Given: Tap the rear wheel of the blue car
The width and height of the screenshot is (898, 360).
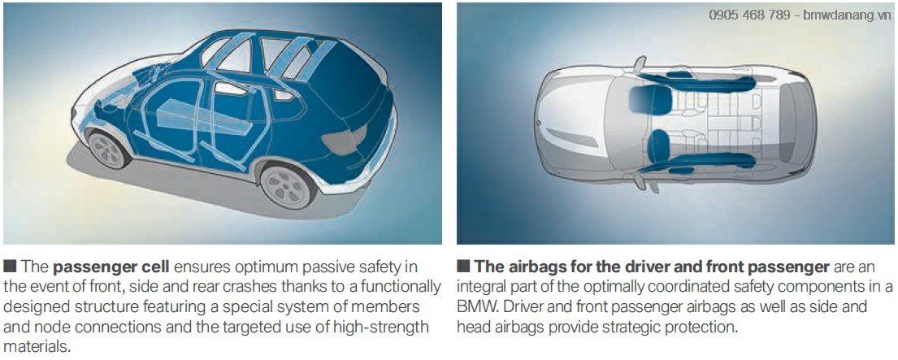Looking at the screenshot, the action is click(286, 186).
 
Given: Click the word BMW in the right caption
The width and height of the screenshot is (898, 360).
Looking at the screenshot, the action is click(472, 307).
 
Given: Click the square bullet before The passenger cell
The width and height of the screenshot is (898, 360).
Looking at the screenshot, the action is click(11, 266).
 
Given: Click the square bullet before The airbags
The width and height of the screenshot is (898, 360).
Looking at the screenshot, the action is click(463, 266).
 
